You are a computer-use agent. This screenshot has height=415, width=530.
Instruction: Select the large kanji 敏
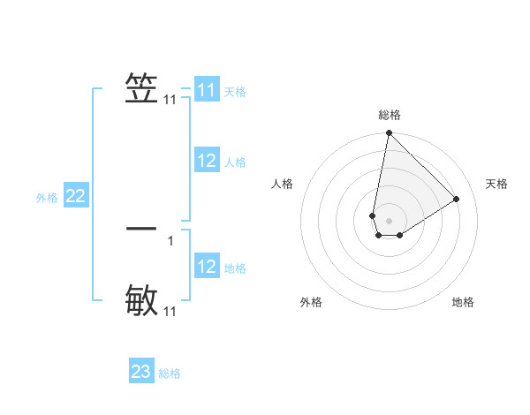coord(142,300)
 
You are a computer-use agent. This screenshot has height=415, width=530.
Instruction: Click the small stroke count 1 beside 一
coord(170,240)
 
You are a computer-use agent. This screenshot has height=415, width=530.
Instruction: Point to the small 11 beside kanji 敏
coord(170,312)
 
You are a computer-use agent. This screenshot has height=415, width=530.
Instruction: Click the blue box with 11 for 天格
coord(207,90)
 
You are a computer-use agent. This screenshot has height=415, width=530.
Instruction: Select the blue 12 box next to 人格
coord(207,161)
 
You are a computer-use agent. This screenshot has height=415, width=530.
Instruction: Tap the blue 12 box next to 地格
coord(207,267)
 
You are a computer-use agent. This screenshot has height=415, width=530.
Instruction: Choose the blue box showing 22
coord(75,196)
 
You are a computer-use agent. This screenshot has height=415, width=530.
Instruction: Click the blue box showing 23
coord(141,372)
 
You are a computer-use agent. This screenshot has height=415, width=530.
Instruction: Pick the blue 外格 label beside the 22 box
coord(47,198)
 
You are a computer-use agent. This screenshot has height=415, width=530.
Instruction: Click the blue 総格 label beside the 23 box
coord(170,373)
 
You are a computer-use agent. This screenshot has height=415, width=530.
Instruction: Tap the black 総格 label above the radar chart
coord(390,115)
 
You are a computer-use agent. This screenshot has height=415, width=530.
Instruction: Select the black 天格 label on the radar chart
coord(497,184)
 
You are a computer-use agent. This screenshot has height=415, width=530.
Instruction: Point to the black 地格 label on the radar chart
coord(463,302)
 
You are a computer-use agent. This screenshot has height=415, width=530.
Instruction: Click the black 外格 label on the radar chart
coord(311,302)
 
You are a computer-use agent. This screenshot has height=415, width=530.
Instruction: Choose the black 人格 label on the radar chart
coord(283,184)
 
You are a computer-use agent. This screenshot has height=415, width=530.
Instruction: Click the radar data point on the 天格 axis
coord(457,199)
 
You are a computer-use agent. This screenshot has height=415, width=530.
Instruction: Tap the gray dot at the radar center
coord(390,221)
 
